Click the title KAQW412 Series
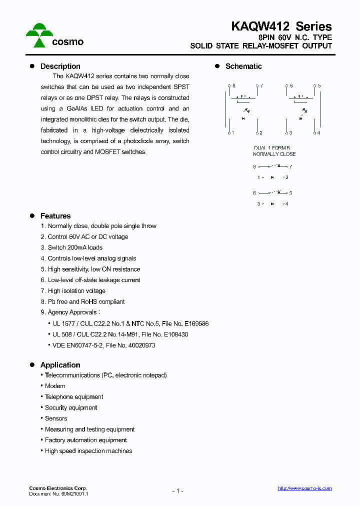coord(281,26)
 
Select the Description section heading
coord(60,66)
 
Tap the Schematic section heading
coord(243,66)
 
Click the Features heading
coord(55,216)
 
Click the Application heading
coord(60,365)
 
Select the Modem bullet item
coord(55,386)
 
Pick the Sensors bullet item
coord(56,418)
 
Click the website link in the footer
coord(304,488)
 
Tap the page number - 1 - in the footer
coord(178,491)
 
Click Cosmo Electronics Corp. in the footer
coord(57,488)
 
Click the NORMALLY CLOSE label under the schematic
coord(274,154)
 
